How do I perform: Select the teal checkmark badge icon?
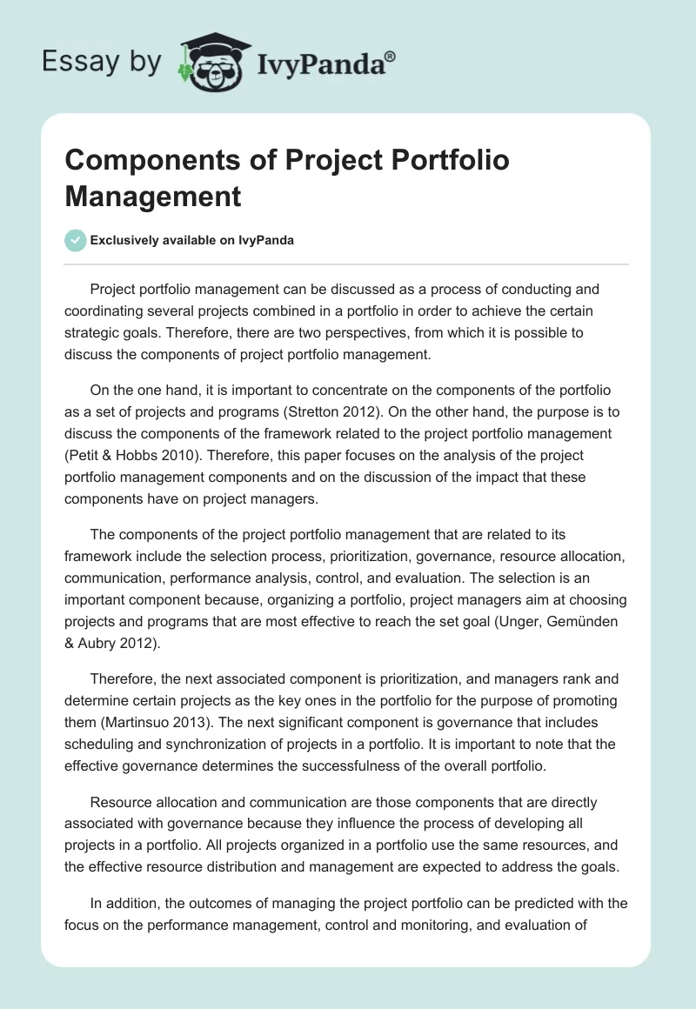click(x=76, y=241)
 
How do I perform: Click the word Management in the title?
click(x=152, y=196)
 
